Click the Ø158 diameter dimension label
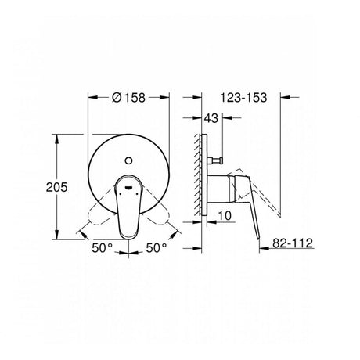coord(128,97)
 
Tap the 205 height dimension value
coord(56,187)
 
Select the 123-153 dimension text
coord(243,98)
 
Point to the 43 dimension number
coord(211,118)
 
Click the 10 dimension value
coord(225,216)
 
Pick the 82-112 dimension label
coord(293,243)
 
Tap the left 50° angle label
coord(102,248)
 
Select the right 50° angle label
coord(157,248)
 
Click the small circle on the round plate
coord(128,160)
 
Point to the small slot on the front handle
coord(129,187)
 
